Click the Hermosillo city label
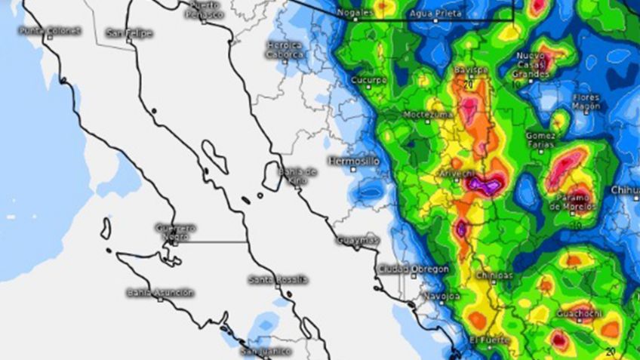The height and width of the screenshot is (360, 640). (354, 161)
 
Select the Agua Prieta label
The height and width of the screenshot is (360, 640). (435, 14)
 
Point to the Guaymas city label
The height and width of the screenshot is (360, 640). (357, 240)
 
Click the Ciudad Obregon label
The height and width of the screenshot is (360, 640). (414, 269)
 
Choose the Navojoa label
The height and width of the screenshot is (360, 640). (442, 295)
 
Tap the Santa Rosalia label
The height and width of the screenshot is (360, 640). (278, 279)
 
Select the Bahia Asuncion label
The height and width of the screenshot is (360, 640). (160, 292)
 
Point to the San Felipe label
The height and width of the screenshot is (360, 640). (129, 32)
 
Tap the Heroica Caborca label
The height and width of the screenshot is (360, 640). (285, 49)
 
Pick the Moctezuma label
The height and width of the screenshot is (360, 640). (428, 114)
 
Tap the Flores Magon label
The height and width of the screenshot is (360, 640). (586, 102)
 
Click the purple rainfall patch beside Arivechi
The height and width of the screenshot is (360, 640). (485, 183)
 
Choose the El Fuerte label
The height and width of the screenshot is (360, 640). (484, 340)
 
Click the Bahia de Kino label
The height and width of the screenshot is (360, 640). (298, 176)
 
